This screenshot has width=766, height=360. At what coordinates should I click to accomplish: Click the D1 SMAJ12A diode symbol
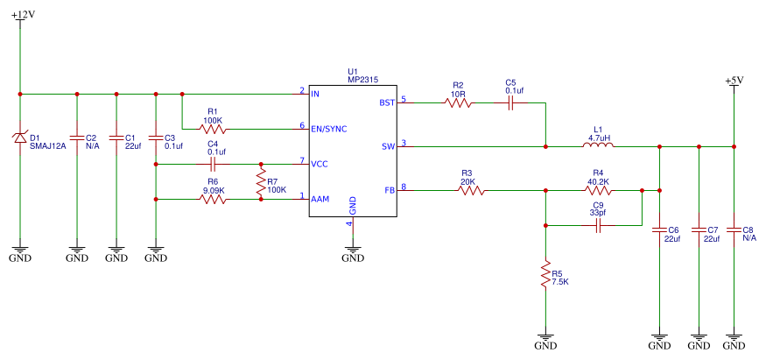pos(20,138)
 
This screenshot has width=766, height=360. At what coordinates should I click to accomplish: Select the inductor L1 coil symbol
pos(597,145)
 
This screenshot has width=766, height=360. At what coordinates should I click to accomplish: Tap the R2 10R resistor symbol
pos(458,103)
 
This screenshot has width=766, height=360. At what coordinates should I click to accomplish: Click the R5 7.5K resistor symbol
pos(545,275)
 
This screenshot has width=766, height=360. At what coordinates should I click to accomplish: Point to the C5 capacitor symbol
pos(510,103)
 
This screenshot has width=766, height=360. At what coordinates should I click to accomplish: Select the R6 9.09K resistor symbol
pos(213,200)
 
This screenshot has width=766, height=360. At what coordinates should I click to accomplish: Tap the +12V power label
pos(24,14)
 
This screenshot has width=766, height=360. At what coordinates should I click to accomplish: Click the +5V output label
pos(734,81)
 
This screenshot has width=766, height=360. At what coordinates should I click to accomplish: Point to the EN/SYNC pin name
pos(329,129)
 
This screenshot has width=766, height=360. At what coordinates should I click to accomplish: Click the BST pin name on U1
pos(387,103)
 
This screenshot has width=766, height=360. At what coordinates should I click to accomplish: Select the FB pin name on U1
pos(390,190)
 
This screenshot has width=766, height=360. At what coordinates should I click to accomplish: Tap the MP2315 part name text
pos(363,80)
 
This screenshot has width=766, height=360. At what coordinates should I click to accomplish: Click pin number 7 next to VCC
pos(302,160)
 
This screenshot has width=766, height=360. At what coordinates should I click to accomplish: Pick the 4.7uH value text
pos(600,138)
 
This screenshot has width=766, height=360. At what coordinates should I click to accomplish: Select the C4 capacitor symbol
pos(213,165)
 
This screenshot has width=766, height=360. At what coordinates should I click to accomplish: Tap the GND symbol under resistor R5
pos(545,340)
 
